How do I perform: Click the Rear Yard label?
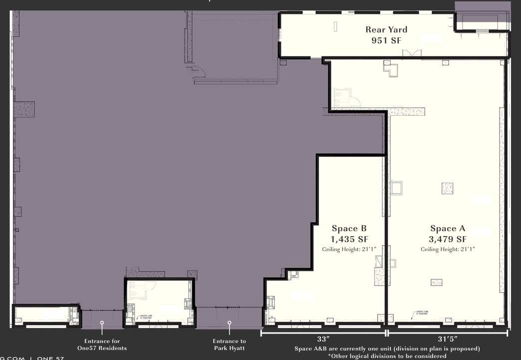click(x=386, y=29)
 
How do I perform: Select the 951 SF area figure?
click(x=386, y=40)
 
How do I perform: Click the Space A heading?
click(x=448, y=229)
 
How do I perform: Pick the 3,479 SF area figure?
click(x=448, y=239)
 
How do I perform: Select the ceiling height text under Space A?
click(x=448, y=249)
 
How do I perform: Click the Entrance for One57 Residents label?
click(x=102, y=345)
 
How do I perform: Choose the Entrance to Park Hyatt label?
click(x=229, y=345)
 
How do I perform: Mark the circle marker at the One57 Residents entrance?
click(x=102, y=323)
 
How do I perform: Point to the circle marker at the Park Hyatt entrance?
click(x=229, y=323)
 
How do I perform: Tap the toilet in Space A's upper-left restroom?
click(x=338, y=93)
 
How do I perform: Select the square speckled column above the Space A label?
click(x=447, y=188)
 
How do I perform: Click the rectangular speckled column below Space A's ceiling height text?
click(x=436, y=282)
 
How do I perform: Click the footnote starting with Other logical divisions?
click(x=387, y=356)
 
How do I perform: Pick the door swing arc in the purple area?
click(x=200, y=71)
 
